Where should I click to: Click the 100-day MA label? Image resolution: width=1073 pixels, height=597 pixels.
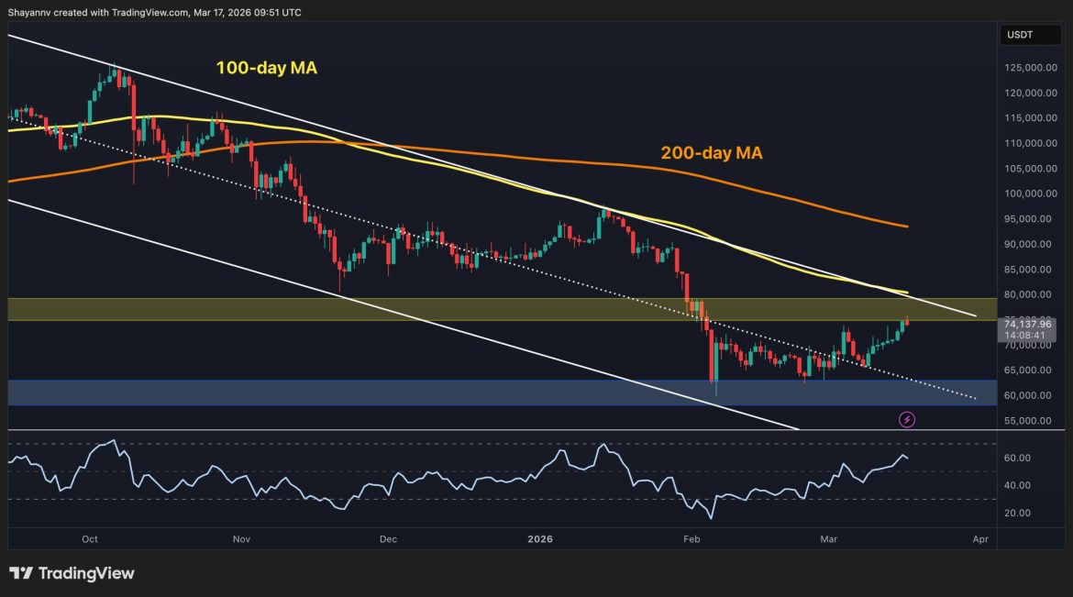pyautogui.click(x=266, y=68)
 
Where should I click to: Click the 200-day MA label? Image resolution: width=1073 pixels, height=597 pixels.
pyautogui.click(x=712, y=154)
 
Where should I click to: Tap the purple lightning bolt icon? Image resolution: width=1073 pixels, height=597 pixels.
pyautogui.click(x=907, y=419)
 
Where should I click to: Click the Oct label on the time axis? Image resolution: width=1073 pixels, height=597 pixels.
pyautogui.click(x=90, y=539)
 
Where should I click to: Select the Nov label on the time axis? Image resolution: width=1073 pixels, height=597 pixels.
pyautogui.click(x=241, y=539)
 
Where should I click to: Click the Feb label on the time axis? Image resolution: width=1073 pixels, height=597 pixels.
pyautogui.click(x=691, y=539)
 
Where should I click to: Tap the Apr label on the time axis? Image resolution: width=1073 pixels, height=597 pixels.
pyautogui.click(x=979, y=539)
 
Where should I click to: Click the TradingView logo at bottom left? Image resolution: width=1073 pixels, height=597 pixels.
pyautogui.click(x=72, y=573)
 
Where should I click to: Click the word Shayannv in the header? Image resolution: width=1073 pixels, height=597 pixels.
pyautogui.click(x=32, y=12)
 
